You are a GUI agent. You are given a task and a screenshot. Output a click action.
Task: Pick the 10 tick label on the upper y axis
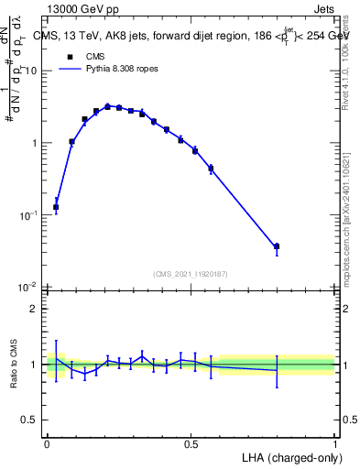32,71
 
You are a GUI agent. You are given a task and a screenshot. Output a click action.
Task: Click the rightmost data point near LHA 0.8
277,246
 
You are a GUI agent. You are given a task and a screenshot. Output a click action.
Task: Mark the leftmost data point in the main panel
56,207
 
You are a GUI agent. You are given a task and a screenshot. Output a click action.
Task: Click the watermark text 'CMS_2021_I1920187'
191,273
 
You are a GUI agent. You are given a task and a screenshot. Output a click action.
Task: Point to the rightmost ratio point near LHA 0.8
277,370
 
